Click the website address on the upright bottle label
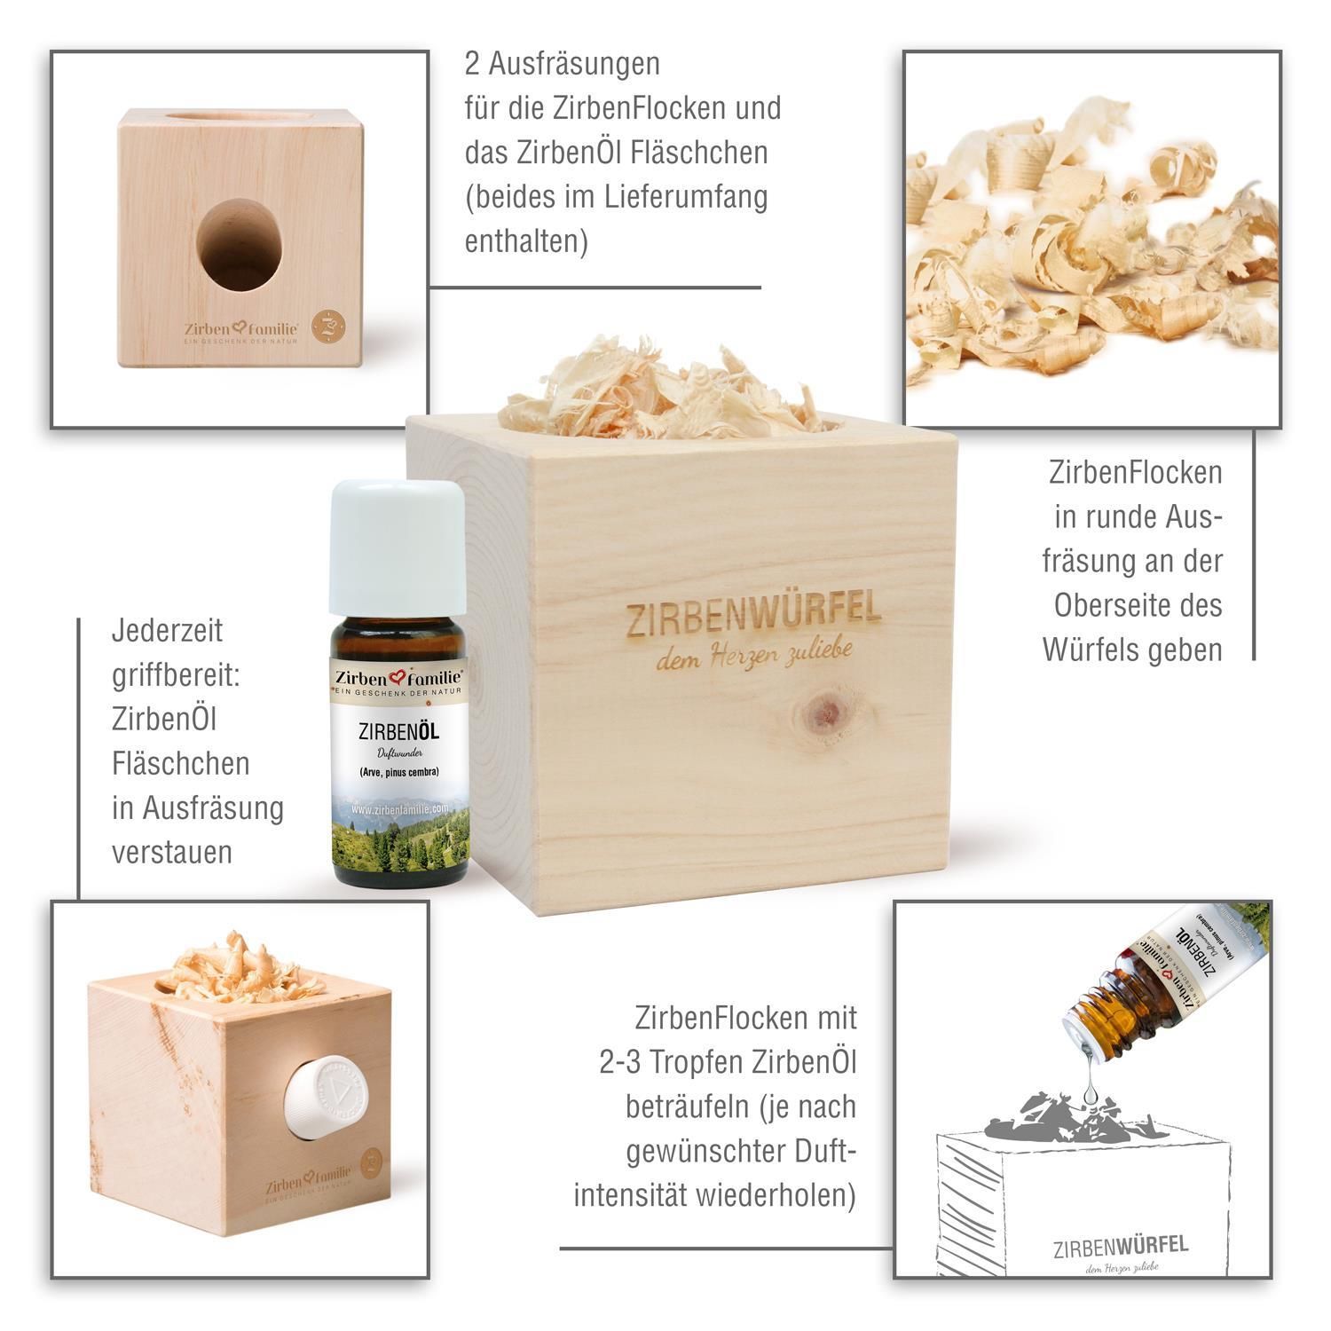pyautogui.click(x=399, y=810)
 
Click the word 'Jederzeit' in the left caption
pyautogui.click(x=167, y=631)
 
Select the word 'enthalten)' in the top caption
pyautogui.click(x=526, y=240)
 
